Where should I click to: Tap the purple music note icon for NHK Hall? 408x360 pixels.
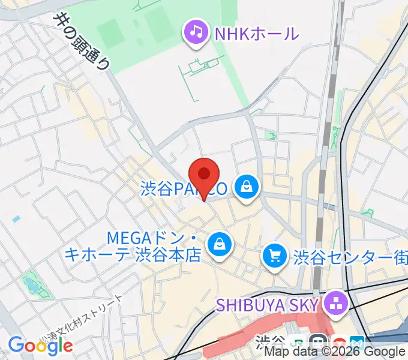(x=196, y=31)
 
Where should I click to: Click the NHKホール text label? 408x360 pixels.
(x=256, y=33)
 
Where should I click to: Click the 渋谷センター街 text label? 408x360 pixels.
(x=350, y=259)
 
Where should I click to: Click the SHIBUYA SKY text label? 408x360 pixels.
(x=266, y=305)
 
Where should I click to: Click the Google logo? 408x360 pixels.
(x=40, y=346)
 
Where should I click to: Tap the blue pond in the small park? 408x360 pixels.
(x=30, y=287)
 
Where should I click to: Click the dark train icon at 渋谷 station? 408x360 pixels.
(x=318, y=341)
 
